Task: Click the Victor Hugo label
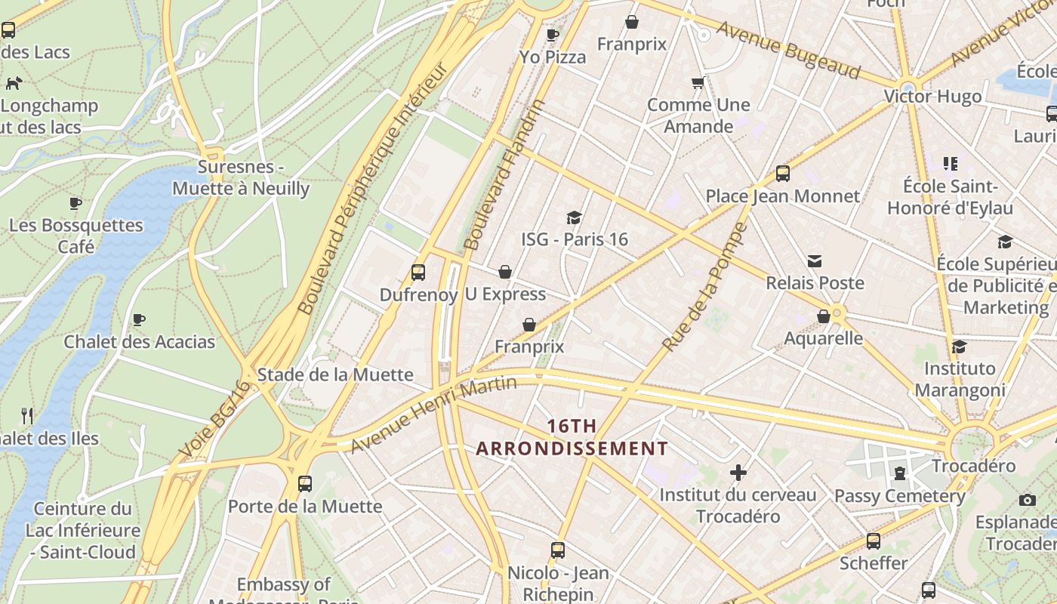point(932,97)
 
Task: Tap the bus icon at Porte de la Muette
point(305,483)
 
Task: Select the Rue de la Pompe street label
point(705,287)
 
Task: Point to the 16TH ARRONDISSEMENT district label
point(572,437)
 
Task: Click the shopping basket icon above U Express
point(505,272)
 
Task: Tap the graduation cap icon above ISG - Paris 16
point(574,217)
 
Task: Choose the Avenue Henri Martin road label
point(433,415)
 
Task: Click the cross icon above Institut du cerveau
point(738,473)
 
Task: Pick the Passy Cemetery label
point(900,496)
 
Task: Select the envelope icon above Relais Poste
point(815,261)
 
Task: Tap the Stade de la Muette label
point(335,374)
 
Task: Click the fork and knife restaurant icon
point(27,415)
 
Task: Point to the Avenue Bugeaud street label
point(788,50)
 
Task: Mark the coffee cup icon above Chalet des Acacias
point(139,319)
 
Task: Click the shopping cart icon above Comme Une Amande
point(698,82)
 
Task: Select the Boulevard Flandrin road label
point(503,175)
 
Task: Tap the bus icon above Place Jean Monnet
point(783,174)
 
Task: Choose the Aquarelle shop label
point(823,337)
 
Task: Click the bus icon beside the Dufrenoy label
point(418,273)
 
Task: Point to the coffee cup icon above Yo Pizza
point(553,35)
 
